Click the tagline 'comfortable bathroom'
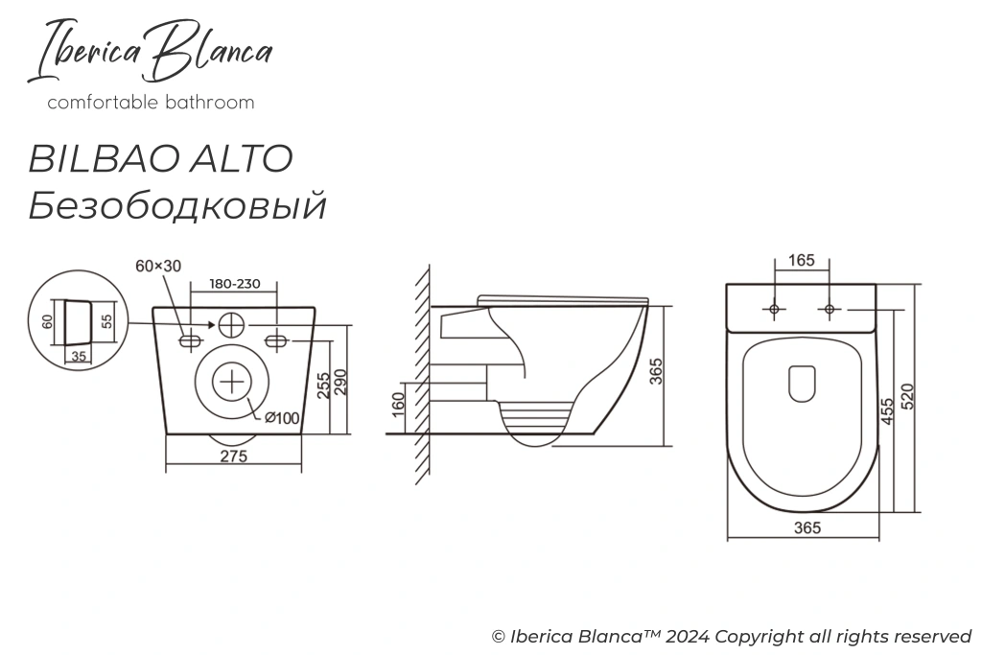[x=152, y=103]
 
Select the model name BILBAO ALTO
[x=160, y=158]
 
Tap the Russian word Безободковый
[x=177, y=204]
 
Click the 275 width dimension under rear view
[x=234, y=457]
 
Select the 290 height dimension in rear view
[x=339, y=386]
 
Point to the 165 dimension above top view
[x=802, y=261]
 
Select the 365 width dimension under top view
[x=808, y=528]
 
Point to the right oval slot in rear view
[x=276, y=339]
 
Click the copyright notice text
[x=732, y=636]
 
